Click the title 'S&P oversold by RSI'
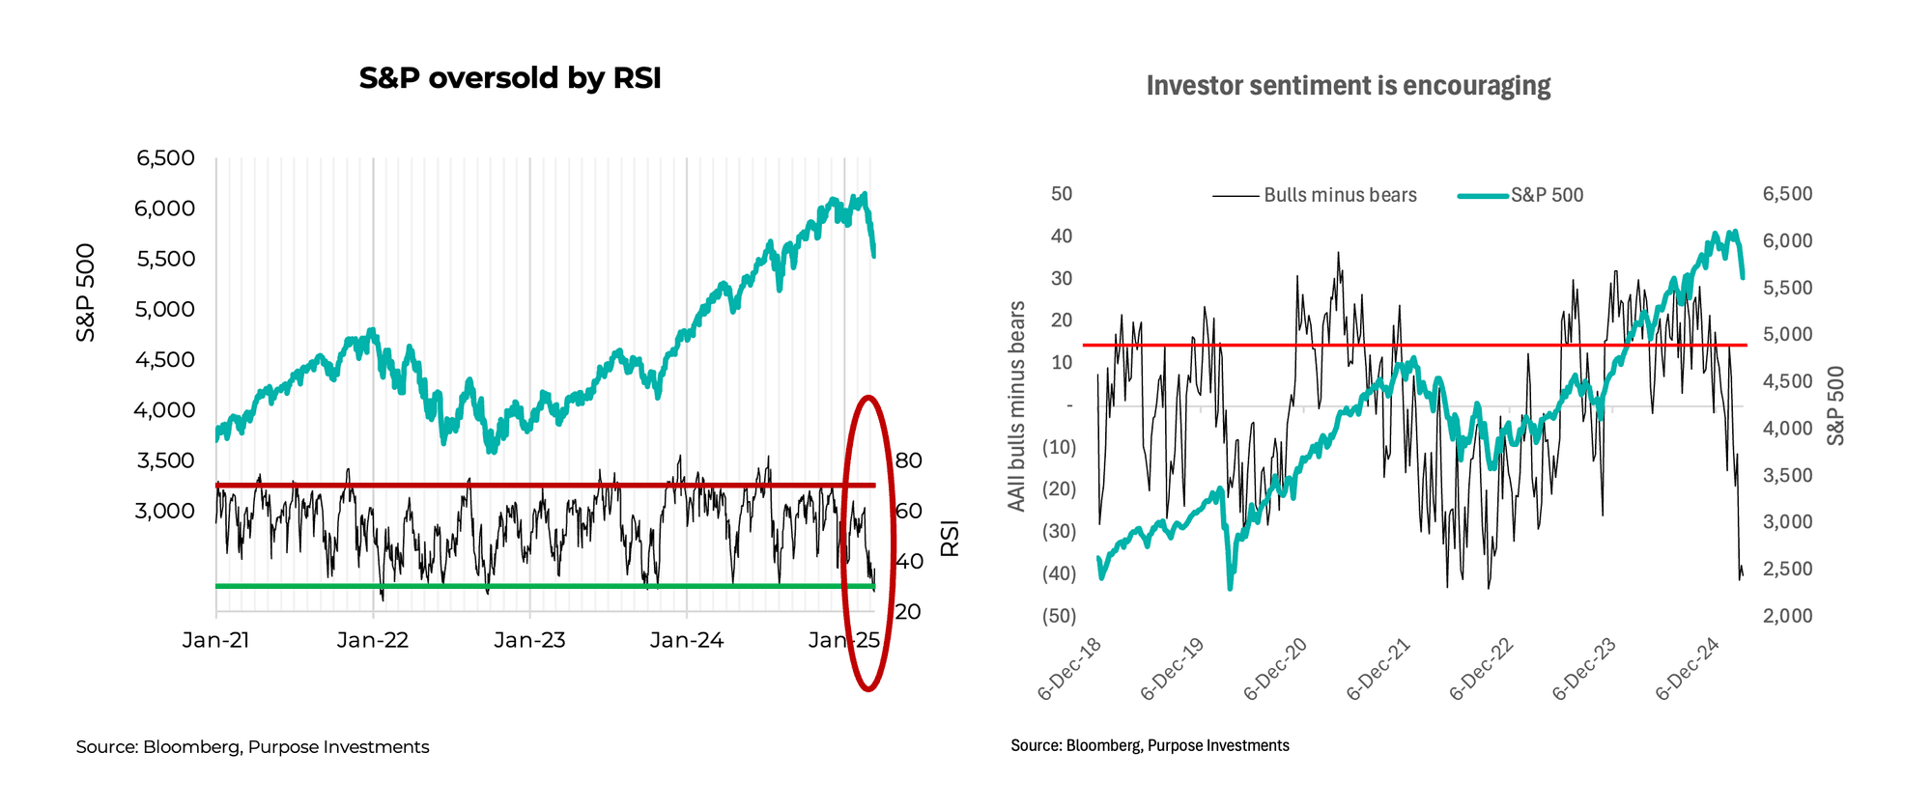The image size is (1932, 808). [509, 78]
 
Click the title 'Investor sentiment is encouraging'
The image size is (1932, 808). [1348, 86]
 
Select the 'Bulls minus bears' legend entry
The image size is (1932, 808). [1339, 195]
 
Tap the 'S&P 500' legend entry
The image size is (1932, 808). [1546, 195]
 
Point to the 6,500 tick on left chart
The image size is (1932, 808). [165, 158]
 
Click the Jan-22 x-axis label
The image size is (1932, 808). [372, 640]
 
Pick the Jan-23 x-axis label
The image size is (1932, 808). [529, 640]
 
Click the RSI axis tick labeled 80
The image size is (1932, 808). [908, 460]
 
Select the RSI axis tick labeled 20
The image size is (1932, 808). [908, 611]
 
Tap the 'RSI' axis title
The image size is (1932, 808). [950, 539]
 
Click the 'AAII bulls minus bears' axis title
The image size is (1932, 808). [1016, 405]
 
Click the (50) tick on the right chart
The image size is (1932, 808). [1058, 616]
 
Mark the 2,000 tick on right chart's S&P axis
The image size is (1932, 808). [1787, 616]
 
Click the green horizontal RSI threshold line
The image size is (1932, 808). [531, 586]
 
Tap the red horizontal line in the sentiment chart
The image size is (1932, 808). [1256, 345]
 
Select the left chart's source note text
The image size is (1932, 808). [252, 747]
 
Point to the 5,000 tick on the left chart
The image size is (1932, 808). [165, 310]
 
